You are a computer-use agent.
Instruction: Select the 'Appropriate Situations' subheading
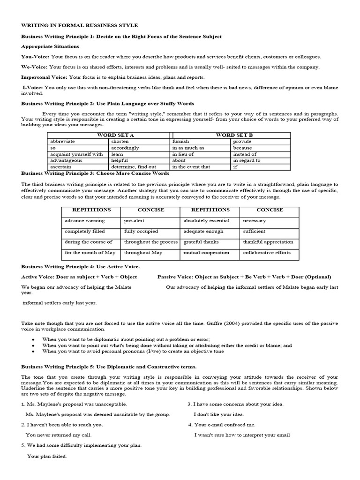point(50,46)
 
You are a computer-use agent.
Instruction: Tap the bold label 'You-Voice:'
point(34,57)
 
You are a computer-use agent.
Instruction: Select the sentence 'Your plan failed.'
point(47,456)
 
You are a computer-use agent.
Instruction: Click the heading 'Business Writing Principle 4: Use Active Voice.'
point(80,266)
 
